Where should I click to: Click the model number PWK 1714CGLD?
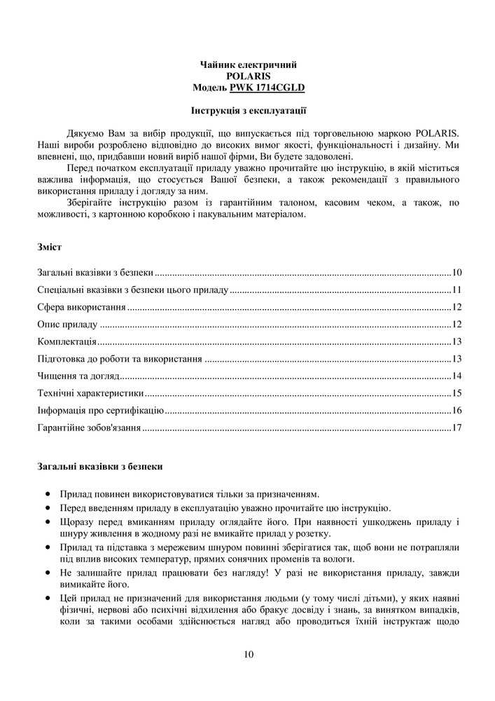[x=267, y=88]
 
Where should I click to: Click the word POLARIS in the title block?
[x=249, y=76]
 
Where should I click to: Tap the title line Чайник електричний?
[x=249, y=64]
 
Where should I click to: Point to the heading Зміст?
[x=49, y=247]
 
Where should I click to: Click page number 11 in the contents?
[x=456, y=290]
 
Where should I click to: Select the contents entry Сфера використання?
[x=81, y=307]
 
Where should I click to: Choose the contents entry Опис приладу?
[x=67, y=325]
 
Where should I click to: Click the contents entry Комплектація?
[x=67, y=341]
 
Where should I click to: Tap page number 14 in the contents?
[x=456, y=376]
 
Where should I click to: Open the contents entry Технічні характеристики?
[x=90, y=393]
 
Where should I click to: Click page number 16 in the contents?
[x=456, y=410]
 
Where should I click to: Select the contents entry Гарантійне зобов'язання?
[x=89, y=427]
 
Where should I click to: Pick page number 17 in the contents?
[x=456, y=427]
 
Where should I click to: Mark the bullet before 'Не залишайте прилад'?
[x=47, y=573]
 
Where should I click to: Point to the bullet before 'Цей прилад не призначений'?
[x=47, y=598]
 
